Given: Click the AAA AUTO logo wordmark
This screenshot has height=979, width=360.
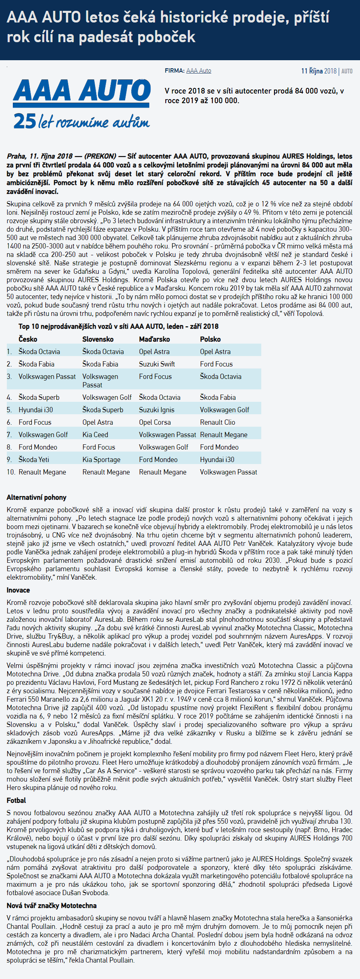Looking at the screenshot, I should (82, 91).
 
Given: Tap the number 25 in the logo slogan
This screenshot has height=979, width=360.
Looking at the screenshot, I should (24, 121).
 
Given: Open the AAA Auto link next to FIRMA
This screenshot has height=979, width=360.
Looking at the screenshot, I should (199, 71).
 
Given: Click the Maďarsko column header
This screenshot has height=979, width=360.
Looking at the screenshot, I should (154, 339).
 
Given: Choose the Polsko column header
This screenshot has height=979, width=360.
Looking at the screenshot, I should (210, 339).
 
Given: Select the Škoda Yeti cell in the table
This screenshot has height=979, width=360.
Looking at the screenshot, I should (34, 460).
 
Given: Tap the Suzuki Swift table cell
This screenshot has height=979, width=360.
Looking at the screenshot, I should (157, 364).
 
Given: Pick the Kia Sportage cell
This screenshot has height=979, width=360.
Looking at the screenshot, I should (101, 460).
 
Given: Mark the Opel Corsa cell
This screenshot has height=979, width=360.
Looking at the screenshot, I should (155, 422).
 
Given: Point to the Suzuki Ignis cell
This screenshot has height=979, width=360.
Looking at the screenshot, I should (157, 410).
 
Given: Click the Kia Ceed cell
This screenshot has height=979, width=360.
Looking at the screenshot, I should (95, 435).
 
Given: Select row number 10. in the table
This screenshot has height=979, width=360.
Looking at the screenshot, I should (11, 472).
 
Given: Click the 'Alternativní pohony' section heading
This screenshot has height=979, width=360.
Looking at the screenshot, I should (37, 497).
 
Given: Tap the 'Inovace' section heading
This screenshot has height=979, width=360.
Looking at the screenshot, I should (18, 590).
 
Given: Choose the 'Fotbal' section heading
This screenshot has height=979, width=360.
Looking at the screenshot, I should (16, 800).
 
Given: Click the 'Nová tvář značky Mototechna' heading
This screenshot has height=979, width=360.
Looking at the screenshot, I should (51, 906).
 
